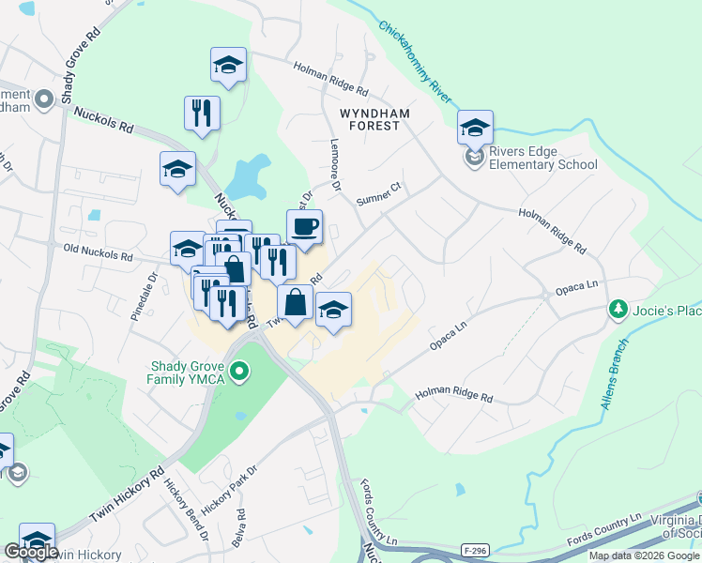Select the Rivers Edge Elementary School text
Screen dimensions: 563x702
(x=542, y=159)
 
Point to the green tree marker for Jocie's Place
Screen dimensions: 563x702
(x=618, y=309)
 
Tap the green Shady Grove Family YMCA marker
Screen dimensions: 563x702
(x=239, y=373)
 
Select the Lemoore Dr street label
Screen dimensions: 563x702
(x=334, y=159)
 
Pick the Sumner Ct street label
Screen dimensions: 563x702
(x=379, y=194)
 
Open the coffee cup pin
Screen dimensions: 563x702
(x=304, y=227)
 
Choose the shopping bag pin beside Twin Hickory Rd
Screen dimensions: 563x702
(x=295, y=303)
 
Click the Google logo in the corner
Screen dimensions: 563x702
(x=31, y=552)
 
